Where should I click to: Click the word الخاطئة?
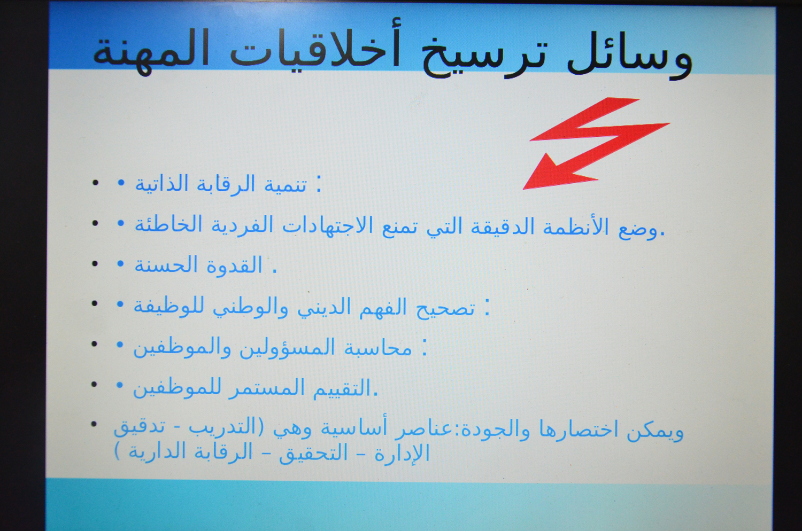(x=168, y=225)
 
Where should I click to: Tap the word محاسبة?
(x=378, y=348)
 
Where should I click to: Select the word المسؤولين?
(x=287, y=348)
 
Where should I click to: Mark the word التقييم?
(x=342, y=388)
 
